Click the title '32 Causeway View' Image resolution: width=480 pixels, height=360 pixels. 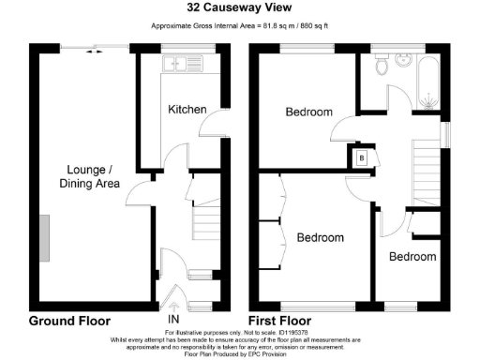239,8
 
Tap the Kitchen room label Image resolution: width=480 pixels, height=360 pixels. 187,110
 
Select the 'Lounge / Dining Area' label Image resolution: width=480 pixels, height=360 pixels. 92,176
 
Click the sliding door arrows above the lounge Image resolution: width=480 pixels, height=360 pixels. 95,52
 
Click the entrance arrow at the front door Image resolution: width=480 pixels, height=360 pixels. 172,303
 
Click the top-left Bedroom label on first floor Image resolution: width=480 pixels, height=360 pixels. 308,112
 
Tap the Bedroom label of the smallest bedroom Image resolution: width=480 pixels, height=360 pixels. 412,257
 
